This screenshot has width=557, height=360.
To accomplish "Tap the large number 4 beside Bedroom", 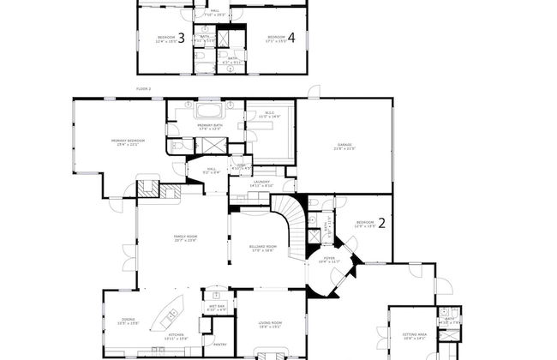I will [x=291, y=38].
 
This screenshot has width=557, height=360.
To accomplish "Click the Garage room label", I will [x=344, y=147].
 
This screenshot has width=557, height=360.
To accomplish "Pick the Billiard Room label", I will [x=261, y=249].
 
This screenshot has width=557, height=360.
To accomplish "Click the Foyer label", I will [x=329, y=258].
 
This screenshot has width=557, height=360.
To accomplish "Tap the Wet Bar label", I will [x=217, y=307].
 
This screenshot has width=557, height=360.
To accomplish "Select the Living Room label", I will [x=270, y=324].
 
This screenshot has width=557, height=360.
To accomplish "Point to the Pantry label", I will [x=220, y=345].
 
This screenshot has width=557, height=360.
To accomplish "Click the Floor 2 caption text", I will [x=143, y=88].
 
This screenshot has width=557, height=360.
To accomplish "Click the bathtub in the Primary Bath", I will [x=210, y=111].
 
